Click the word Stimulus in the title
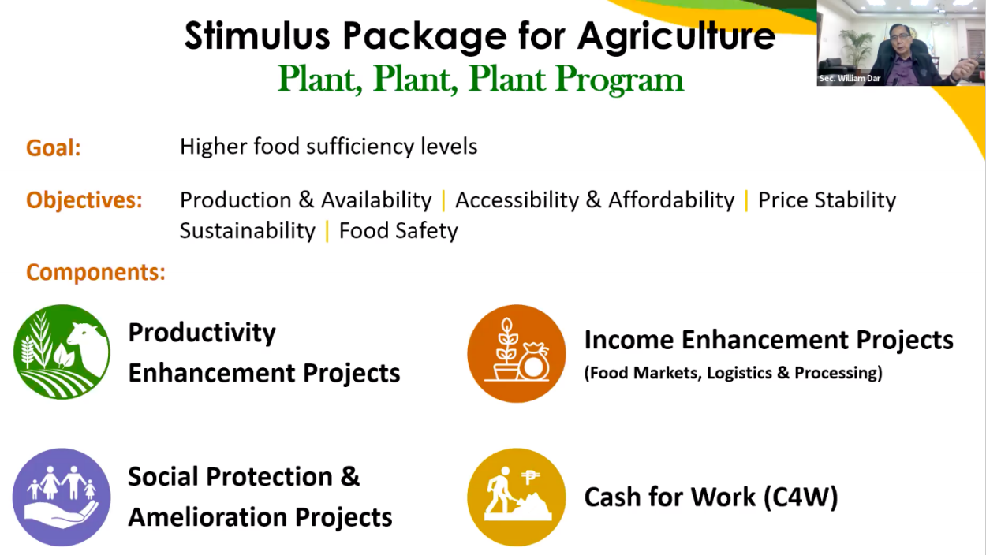click(x=257, y=35)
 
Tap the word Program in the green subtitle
click(x=619, y=80)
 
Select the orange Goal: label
click(x=54, y=147)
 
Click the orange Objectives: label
click(x=84, y=200)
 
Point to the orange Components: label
click(x=95, y=272)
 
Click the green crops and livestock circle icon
click(x=62, y=352)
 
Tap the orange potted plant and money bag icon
click(x=517, y=353)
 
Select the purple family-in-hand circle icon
click(x=62, y=497)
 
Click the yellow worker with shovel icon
click(x=517, y=497)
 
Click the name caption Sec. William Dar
click(x=849, y=79)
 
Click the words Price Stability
click(x=827, y=200)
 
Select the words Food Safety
click(x=398, y=231)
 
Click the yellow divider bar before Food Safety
click(x=327, y=231)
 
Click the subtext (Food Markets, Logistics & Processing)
click(x=734, y=373)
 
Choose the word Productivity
click(x=202, y=333)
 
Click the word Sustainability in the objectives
click(x=248, y=231)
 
